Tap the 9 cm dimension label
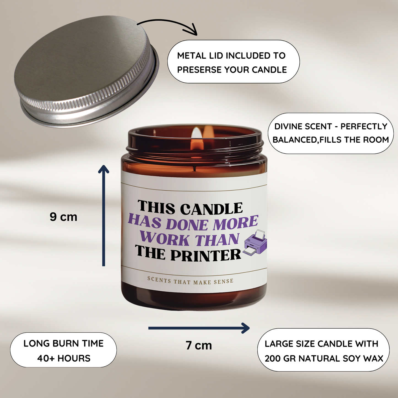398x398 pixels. tap(63, 217)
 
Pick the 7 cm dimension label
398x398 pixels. tap(199, 345)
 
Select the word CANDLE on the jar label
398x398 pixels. tap(212, 209)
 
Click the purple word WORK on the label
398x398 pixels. tap(164, 239)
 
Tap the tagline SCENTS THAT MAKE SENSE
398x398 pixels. tap(190, 281)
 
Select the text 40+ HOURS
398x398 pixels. tap(64, 358)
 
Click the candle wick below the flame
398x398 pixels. tap(195, 168)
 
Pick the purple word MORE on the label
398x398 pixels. tap(235, 223)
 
